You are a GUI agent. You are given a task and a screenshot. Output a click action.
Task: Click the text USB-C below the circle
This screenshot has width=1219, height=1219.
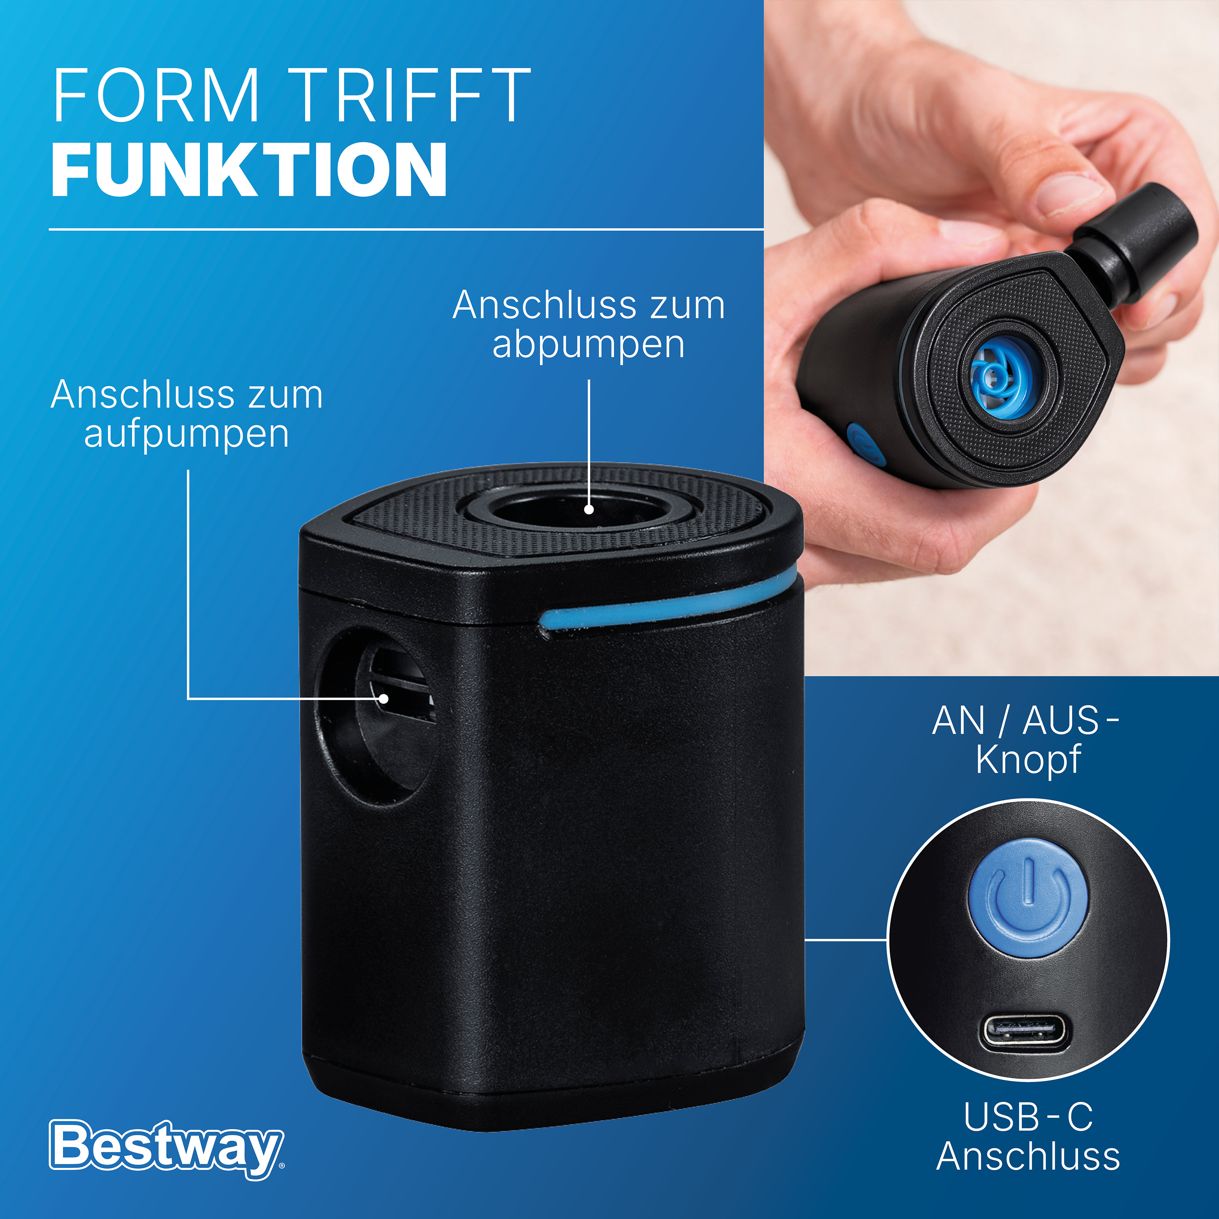[x=1028, y=1117]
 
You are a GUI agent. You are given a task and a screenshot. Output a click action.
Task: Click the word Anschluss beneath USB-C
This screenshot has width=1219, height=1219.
[x=1028, y=1156]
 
